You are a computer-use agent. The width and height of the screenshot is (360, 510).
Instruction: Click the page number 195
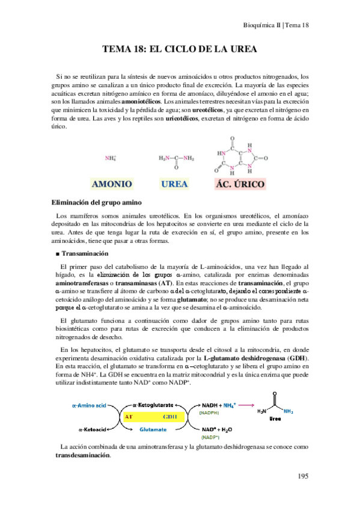[303, 477]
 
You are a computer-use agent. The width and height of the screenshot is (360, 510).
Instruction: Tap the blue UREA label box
[175, 184]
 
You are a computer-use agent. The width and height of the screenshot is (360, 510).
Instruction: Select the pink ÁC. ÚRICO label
[240, 184]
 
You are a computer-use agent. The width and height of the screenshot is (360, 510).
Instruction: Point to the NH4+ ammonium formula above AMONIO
[111, 158]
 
